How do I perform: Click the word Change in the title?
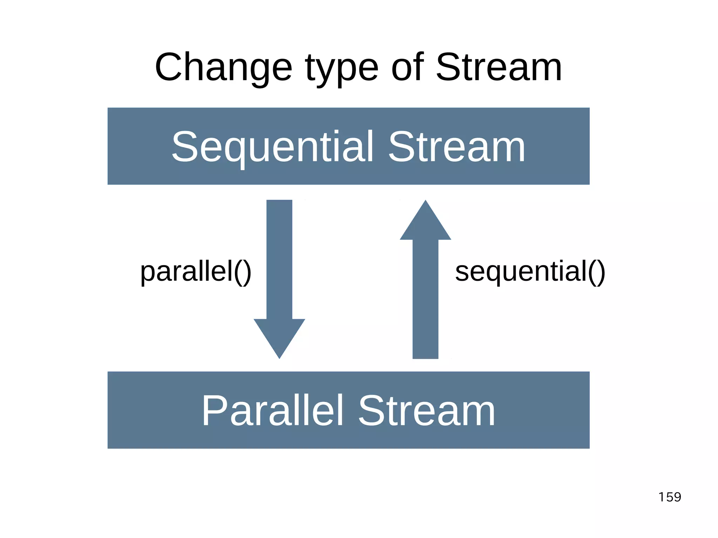[223, 67]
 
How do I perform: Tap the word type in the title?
[341, 69]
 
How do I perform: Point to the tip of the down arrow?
[279, 357]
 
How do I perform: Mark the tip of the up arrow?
[425, 202]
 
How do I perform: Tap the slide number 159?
[670, 497]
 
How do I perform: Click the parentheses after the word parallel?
[243, 272]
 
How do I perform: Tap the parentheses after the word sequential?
[596, 272]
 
